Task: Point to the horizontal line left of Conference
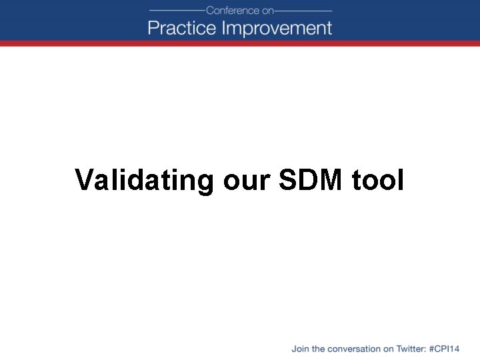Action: (177, 11)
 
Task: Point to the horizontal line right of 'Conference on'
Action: (303, 11)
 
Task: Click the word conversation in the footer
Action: (351, 349)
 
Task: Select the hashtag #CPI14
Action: (446, 349)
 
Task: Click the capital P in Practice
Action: (153, 28)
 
